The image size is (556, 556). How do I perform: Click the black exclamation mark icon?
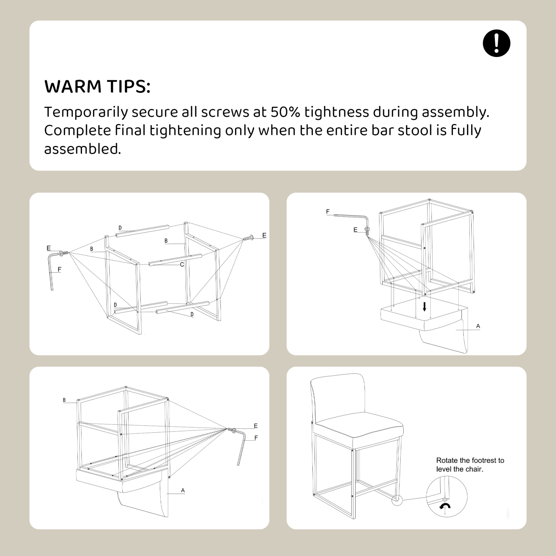coord(497,43)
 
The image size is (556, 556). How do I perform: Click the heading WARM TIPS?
coord(97,87)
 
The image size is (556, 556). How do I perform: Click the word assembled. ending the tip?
coord(83,149)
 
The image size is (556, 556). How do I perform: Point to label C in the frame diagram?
coord(182,264)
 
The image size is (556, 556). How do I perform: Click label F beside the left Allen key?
coord(59,269)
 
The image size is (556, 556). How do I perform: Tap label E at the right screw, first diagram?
coord(264,235)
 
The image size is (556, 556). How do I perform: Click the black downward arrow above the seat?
coord(424,306)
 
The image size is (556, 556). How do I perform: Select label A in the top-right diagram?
coord(478,326)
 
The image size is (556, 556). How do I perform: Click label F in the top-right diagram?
coord(328,211)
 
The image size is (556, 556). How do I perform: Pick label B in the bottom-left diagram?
coord(64,400)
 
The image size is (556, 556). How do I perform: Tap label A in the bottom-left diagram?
coord(183,490)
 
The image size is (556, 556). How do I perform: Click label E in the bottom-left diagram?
coord(256,426)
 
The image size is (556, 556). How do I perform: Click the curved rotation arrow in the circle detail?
coord(445,506)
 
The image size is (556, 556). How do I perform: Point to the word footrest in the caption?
coord(485,460)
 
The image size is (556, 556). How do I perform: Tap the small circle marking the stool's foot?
coord(397,500)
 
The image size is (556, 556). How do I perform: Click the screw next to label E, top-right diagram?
coord(367,231)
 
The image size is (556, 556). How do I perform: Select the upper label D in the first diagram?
coord(120,228)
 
